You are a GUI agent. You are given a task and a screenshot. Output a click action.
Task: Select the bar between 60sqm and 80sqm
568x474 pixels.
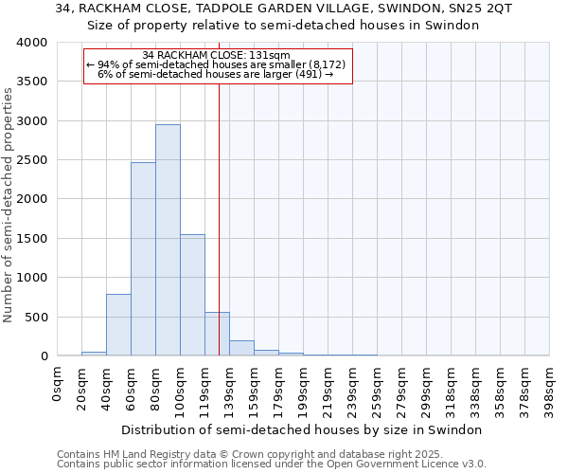(x=143, y=259)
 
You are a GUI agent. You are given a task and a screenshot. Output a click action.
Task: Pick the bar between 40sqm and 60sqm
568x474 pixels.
(x=118, y=325)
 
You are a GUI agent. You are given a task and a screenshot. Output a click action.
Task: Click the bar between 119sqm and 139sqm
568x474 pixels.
(x=217, y=334)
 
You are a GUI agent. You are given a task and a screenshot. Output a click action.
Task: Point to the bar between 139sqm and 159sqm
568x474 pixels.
(x=241, y=348)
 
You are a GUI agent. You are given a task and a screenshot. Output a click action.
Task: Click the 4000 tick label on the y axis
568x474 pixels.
(x=30, y=43)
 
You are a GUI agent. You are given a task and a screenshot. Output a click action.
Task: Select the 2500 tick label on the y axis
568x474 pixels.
(x=30, y=160)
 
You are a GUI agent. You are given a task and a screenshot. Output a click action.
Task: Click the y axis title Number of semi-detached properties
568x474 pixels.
(x=9, y=204)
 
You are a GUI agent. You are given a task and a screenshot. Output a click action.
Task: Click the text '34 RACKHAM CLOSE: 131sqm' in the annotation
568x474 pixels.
(x=217, y=56)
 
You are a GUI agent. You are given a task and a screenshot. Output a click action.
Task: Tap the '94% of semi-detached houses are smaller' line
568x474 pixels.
(x=217, y=64)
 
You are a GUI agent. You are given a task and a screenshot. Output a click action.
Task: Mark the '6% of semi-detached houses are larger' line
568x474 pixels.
(x=217, y=74)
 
